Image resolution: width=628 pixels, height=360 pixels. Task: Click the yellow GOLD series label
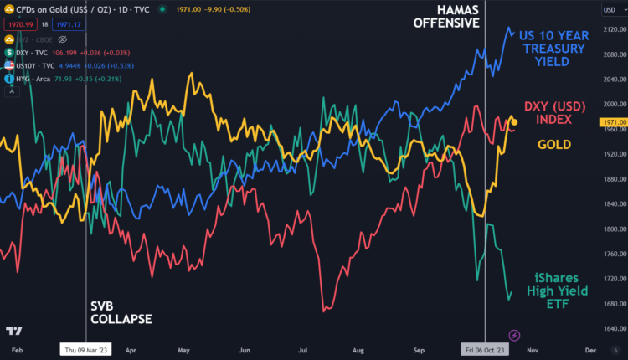554,145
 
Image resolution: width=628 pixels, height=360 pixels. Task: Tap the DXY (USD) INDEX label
548,112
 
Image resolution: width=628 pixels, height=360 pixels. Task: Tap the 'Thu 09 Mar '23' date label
86,349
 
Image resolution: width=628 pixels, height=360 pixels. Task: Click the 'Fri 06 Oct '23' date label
485,349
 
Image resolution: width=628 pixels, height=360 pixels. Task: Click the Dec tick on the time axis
590,349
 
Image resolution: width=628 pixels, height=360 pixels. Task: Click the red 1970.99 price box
20,23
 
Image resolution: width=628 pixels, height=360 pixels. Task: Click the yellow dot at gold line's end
514,122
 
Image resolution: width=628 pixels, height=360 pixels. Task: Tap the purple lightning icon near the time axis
514,335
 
